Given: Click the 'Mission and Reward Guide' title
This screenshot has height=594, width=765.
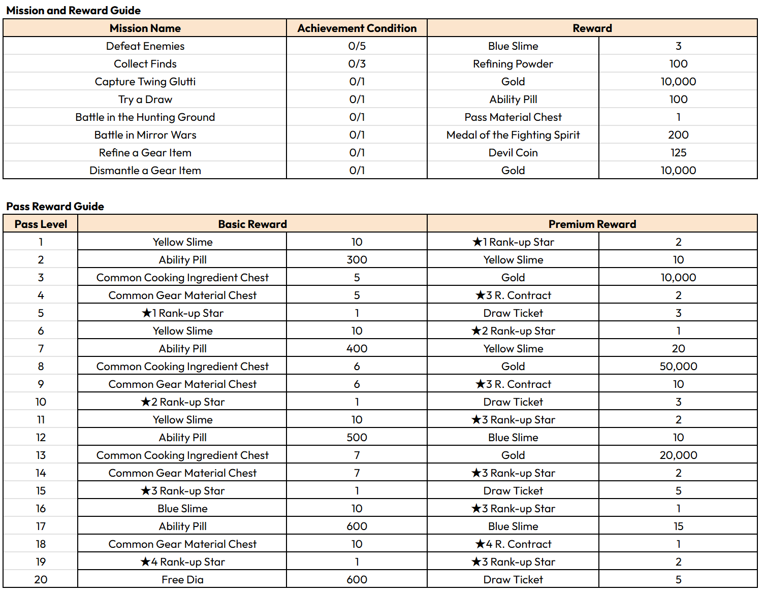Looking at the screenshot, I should click(x=73, y=10).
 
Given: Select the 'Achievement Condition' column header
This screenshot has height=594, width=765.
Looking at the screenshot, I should click(x=357, y=28).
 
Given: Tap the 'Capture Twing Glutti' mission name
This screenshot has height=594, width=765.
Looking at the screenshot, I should click(x=145, y=82).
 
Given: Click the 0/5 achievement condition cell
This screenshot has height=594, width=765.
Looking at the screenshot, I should click(x=357, y=46).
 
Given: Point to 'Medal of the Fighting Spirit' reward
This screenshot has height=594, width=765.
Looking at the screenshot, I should click(x=513, y=135).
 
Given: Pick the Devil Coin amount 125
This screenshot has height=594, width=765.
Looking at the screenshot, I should click(x=678, y=153).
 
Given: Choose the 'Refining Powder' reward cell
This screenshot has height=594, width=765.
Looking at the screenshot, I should click(x=513, y=64).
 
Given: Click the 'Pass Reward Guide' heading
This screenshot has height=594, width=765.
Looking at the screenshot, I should click(x=55, y=206).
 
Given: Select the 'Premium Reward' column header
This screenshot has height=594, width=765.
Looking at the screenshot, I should click(x=592, y=224).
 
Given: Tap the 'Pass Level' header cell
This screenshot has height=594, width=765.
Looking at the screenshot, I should click(x=41, y=224).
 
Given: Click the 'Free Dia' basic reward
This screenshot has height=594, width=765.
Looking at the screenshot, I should click(x=182, y=580).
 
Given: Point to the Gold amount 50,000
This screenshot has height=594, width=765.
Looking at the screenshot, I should click(x=678, y=367).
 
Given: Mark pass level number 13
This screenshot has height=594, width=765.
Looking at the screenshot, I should click(x=41, y=455).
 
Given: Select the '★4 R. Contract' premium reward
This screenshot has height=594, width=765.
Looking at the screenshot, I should click(x=513, y=544).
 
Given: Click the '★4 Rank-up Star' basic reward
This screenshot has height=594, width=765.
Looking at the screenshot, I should click(x=182, y=562).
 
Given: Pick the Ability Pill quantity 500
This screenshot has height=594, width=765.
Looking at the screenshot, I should click(x=357, y=438).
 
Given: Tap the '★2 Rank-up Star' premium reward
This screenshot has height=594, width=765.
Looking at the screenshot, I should click(x=513, y=331).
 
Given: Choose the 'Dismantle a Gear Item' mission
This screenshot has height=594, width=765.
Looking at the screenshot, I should click(x=145, y=171).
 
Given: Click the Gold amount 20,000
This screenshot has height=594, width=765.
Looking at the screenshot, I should click(x=678, y=455).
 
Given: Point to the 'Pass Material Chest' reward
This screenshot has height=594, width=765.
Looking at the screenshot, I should click(x=513, y=117).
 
